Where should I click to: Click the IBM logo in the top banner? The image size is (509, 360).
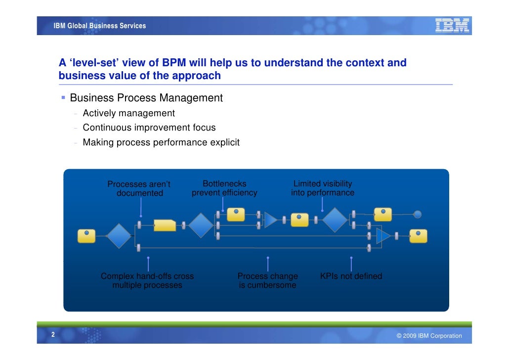pos(452,25)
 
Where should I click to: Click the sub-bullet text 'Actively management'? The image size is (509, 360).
pos(128,113)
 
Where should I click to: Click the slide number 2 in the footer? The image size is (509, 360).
pos(52,335)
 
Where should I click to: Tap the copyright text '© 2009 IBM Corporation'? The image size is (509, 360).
pos(429,336)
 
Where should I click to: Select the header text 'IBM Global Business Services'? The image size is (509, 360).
pos(100,26)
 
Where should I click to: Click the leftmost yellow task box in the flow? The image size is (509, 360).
pos(86,236)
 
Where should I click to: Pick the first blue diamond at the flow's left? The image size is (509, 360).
pos(119,236)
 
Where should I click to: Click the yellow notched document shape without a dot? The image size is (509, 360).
pos(165,225)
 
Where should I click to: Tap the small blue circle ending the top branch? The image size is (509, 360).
pos(417,214)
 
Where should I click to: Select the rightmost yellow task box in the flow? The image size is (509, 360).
pos(418,236)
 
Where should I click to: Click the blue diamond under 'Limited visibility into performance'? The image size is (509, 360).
pos(335,220)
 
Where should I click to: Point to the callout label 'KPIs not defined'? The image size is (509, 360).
pos(351,276)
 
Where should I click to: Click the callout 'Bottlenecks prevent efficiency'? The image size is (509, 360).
pos(224,188)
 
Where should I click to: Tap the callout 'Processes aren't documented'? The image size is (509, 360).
pos(139,189)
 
